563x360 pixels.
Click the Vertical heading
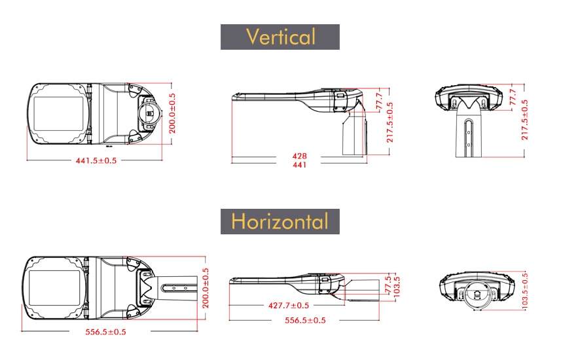coord(280,37)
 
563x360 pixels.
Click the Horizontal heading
coord(280,221)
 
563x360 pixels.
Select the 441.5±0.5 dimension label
coord(96,160)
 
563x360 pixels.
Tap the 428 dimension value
coord(299,156)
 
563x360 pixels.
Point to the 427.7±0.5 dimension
coord(289,306)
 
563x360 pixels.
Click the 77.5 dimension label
coord(388,284)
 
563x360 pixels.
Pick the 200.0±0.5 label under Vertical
coord(172,113)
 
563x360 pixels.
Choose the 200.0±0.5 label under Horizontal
coord(206,288)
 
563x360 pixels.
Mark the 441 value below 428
coord(299,165)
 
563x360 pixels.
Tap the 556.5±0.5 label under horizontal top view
coord(105,332)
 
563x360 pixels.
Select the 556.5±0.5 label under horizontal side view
coord(305,320)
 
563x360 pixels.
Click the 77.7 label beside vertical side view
coord(380,101)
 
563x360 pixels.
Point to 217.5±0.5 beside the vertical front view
coord(525,120)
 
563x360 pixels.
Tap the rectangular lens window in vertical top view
coord(58,114)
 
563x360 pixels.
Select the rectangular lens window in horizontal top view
coord(54,288)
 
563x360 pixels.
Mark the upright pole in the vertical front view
coord(469,133)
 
